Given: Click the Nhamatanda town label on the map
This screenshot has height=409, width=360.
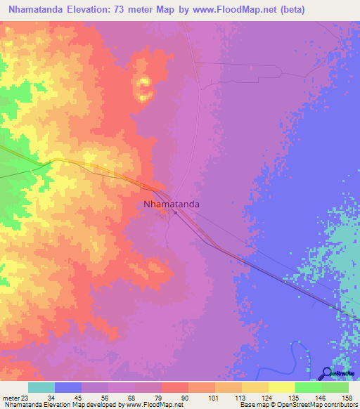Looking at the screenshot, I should point(172,204).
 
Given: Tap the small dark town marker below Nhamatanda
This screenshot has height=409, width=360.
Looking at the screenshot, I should point(176,214).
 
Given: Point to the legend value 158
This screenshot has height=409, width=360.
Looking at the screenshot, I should point(345,398).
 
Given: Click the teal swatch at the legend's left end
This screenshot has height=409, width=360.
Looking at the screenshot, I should point(41,387).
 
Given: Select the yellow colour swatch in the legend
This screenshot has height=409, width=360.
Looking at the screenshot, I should point(281,387).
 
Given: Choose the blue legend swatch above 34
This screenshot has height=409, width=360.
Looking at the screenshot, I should point(68,387).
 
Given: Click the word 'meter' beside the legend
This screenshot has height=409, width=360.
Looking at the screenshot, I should point(11,398).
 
